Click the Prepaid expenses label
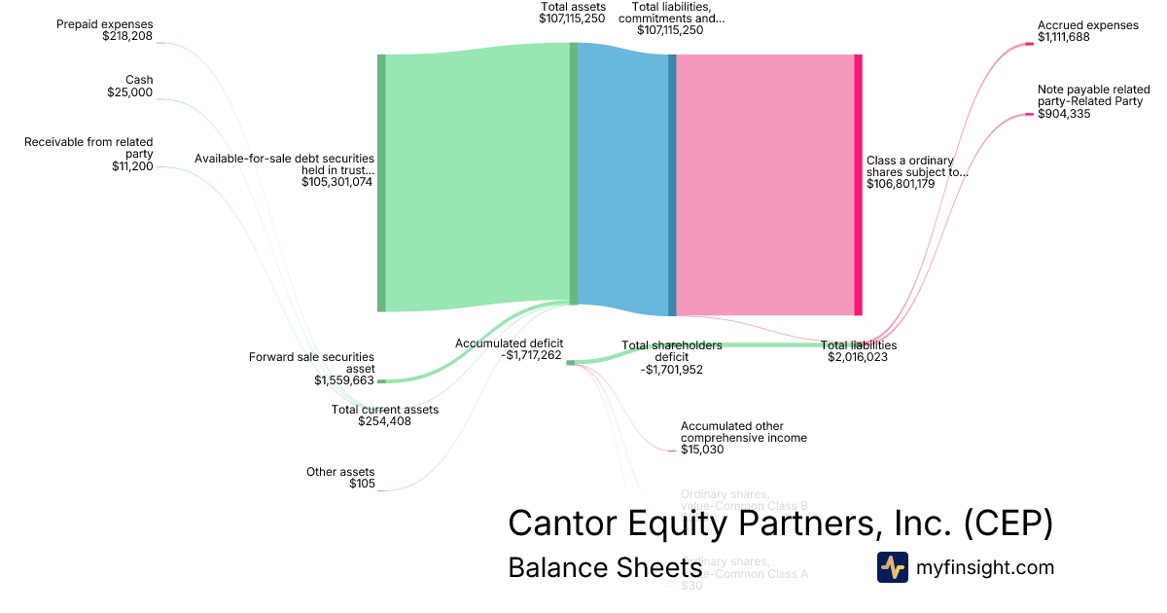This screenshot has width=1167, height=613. [105, 24]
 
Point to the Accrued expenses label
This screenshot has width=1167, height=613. [1087, 25]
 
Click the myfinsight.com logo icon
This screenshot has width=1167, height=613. [892, 567]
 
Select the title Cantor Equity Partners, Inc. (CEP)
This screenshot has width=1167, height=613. [780, 523]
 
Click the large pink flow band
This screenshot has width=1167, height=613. [764, 185]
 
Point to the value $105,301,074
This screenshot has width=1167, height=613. [337, 182]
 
